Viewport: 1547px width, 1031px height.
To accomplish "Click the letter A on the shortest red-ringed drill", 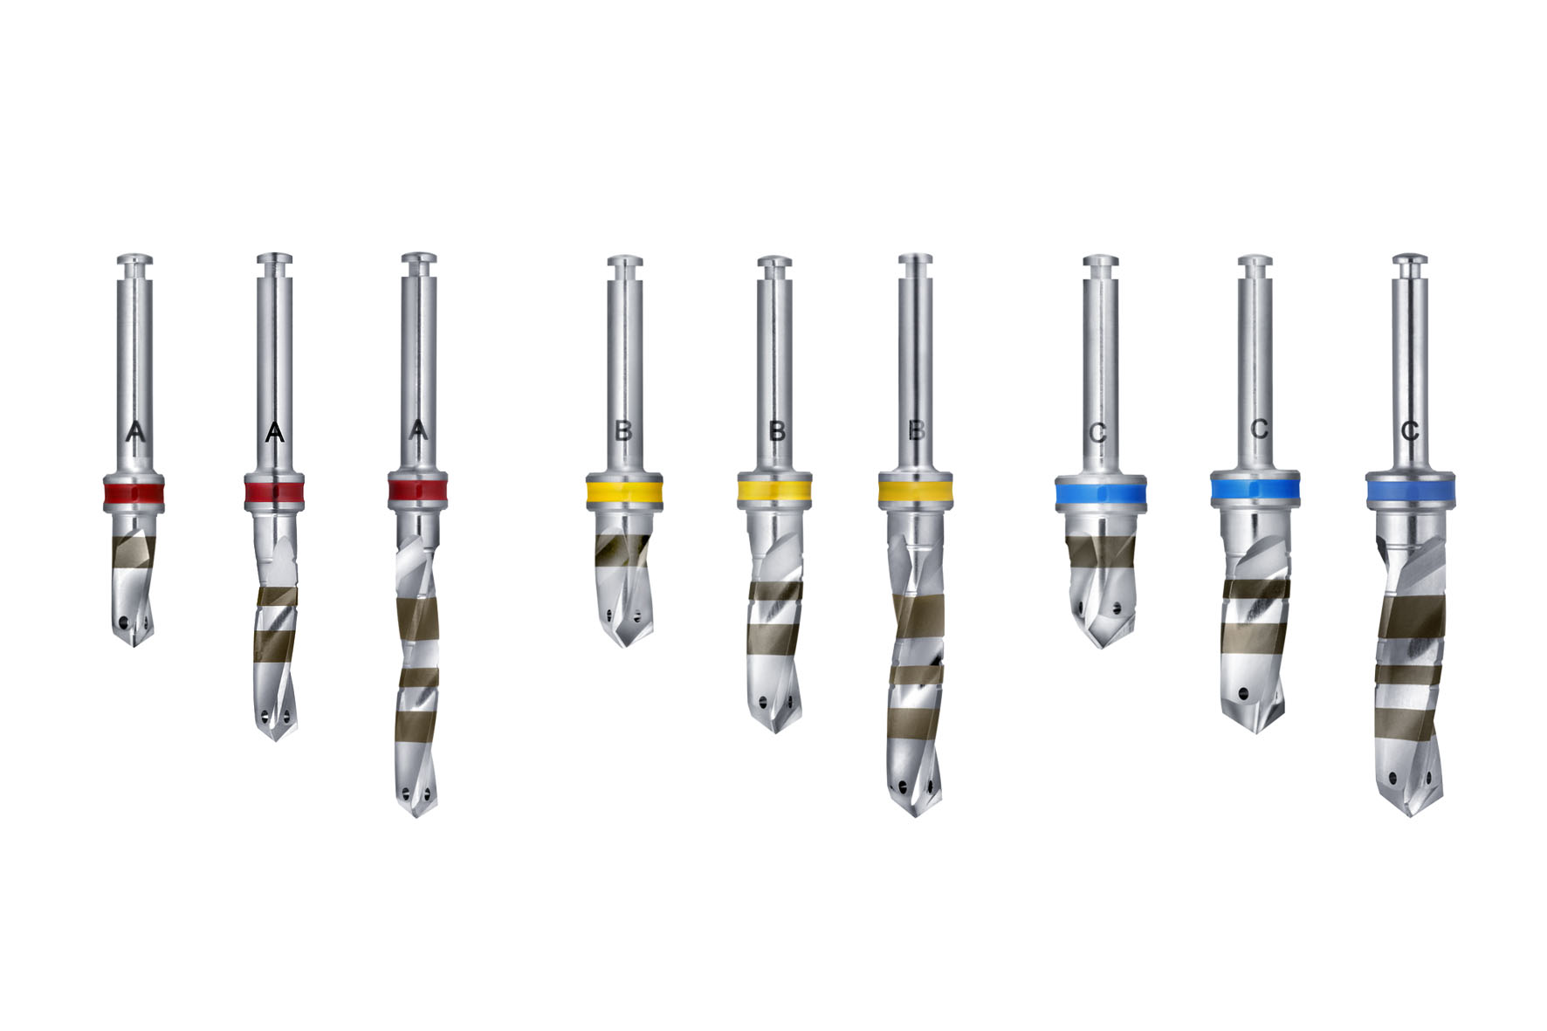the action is point(134,430).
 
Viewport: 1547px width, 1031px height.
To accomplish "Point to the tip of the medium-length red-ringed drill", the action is point(275,739).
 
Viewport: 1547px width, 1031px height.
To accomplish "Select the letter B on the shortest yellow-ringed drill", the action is point(623,430).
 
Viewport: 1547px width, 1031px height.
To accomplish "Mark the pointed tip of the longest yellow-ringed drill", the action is point(915,814).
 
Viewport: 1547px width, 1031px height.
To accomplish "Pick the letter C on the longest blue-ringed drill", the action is point(1409,430).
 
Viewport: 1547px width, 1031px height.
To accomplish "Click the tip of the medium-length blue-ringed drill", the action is point(1255,730).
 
